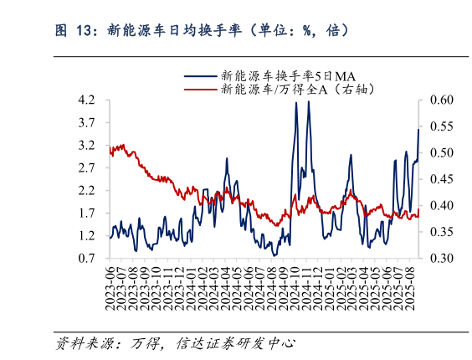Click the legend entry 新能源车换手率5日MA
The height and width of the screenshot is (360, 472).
[x=275, y=74]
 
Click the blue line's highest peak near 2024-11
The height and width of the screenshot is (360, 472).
[x=309, y=101]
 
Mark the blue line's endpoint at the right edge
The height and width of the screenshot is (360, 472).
[x=419, y=129]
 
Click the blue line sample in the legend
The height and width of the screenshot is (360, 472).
[x=200, y=74]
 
